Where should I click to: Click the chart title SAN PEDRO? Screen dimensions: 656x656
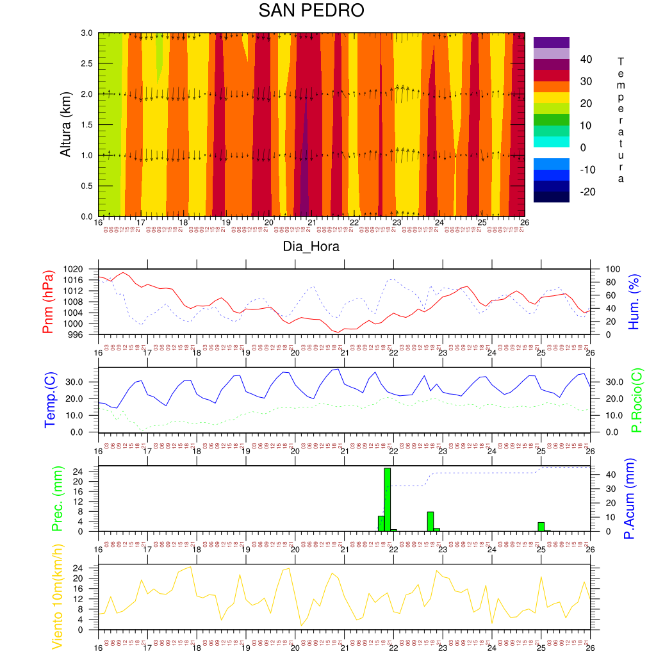click(311, 11)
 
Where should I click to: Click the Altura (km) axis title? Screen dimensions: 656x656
click(65, 124)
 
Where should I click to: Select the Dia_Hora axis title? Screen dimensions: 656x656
click(311, 246)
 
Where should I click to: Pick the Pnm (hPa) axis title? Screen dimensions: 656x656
click(48, 301)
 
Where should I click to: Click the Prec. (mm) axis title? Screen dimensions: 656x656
click(55, 498)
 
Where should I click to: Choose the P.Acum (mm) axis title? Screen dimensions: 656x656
click(629, 498)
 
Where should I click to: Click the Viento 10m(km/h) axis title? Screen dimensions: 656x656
click(57, 597)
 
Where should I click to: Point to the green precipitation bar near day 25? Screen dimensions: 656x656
click(541, 527)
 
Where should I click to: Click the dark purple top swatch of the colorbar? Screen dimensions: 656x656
click(551, 42)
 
